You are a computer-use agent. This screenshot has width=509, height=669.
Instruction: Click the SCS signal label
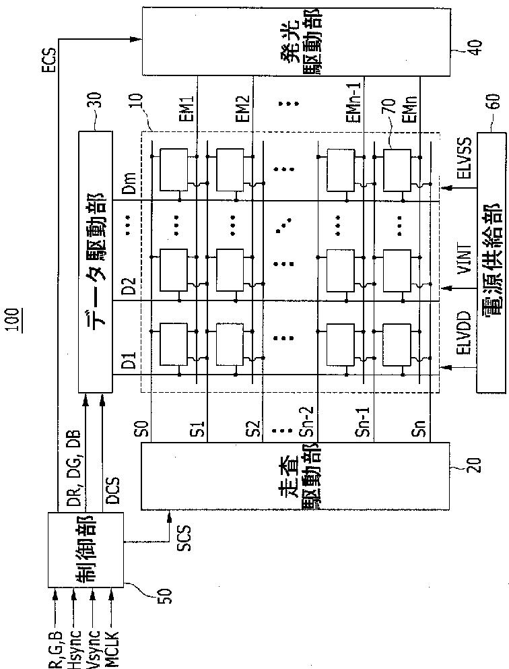pos(184,536)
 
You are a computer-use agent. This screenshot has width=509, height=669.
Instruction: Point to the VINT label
pos(463,260)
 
